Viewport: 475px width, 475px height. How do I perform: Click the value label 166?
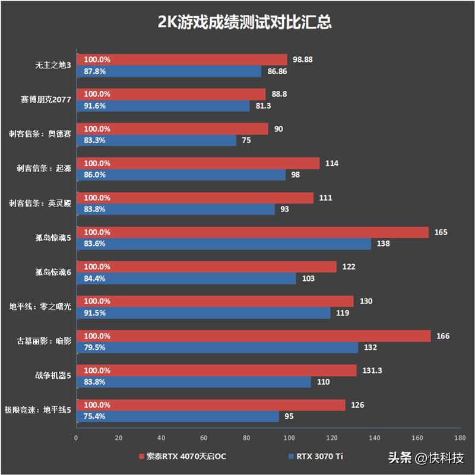point(443,336)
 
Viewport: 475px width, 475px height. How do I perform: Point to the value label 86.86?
point(278,71)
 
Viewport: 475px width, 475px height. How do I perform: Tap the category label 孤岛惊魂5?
point(53,238)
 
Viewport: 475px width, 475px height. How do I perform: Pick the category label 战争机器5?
point(53,376)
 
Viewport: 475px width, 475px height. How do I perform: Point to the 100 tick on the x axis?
point(289,438)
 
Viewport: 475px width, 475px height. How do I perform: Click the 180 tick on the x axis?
point(460,438)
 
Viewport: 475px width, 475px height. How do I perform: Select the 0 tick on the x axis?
point(76,438)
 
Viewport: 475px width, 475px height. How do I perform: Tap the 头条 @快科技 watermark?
point(426,458)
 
